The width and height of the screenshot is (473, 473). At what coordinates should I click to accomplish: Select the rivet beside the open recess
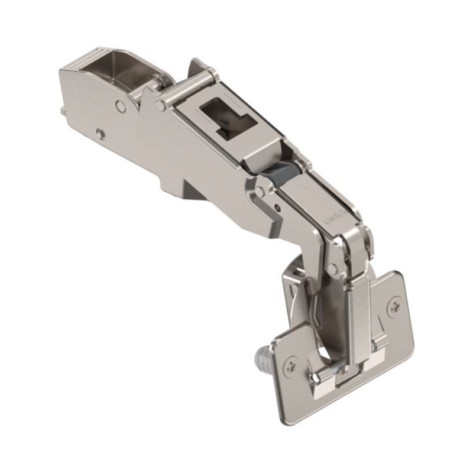click(121, 106)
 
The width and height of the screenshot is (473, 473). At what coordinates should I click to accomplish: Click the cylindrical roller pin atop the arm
click(189, 82)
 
